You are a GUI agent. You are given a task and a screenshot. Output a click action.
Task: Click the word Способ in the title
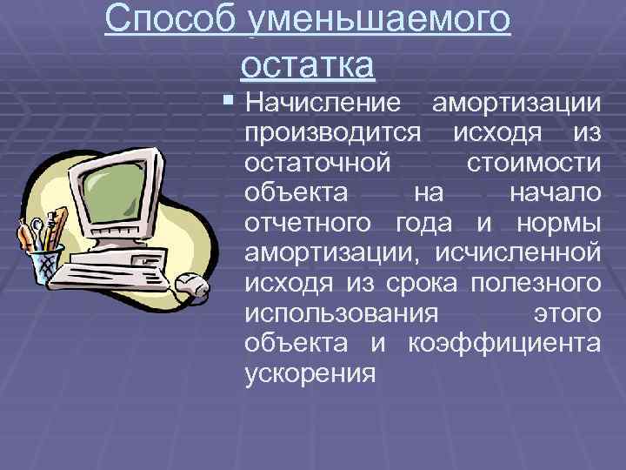(169, 20)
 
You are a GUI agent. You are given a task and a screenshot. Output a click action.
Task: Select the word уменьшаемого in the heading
(379, 20)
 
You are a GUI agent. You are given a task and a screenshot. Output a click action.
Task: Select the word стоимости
(532, 163)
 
